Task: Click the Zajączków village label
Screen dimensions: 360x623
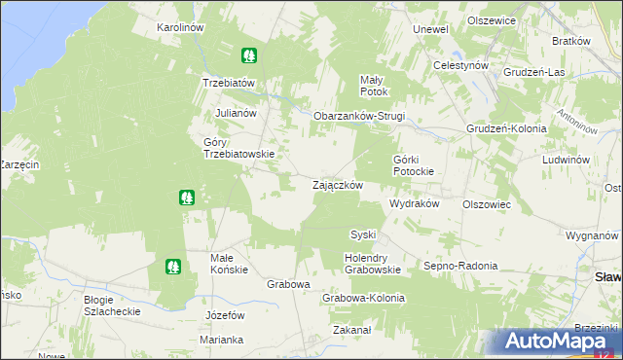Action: point(338,185)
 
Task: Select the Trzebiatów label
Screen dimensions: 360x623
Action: point(228,83)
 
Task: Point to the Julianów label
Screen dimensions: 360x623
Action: point(235,113)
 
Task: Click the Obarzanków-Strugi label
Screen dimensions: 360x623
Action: point(358,116)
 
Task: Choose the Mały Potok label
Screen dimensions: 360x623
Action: point(374,86)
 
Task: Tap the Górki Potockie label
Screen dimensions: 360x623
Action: point(420,164)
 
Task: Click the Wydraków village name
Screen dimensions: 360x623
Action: point(415,204)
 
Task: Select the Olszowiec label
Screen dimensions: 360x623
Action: point(487,205)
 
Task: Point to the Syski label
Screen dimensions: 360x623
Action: point(363,234)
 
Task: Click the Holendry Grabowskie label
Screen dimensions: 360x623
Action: point(373,264)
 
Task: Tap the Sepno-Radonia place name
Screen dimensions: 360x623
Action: point(460,265)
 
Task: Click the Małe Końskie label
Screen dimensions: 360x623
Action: point(230,264)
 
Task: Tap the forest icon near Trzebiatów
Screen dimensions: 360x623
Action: point(250,56)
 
